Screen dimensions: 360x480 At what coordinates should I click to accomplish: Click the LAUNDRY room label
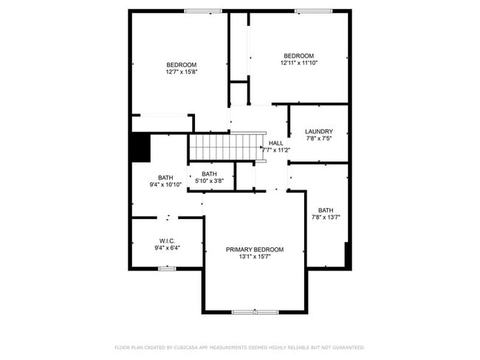coord(319,131)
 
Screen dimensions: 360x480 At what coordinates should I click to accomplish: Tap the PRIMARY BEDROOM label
coord(255,249)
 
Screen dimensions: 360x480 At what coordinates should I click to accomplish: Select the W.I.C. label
coord(167,240)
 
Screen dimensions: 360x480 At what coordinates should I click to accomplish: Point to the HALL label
coord(276,143)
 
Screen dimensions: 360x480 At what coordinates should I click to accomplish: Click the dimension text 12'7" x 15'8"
coord(181,72)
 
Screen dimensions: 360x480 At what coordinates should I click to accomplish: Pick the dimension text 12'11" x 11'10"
coord(299,63)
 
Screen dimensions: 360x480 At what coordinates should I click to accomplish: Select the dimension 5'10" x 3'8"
coord(209,181)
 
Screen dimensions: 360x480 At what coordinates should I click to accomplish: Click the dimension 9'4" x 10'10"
coord(165,184)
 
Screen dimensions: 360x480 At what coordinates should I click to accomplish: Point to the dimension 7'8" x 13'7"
coord(326,217)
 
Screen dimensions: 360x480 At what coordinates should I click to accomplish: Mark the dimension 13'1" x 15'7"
coord(255,257)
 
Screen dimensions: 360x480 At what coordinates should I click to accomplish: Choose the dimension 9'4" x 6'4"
coord(167,248)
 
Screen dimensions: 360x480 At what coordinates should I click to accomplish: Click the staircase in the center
coord(226,146)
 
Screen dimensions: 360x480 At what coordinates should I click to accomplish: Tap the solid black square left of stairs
coord(140,147)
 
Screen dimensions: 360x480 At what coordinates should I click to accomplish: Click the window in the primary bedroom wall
coord(255,312)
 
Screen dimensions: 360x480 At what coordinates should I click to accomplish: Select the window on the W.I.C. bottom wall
coord(167,269)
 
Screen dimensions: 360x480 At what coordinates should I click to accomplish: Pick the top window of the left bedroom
coord(204,10)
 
